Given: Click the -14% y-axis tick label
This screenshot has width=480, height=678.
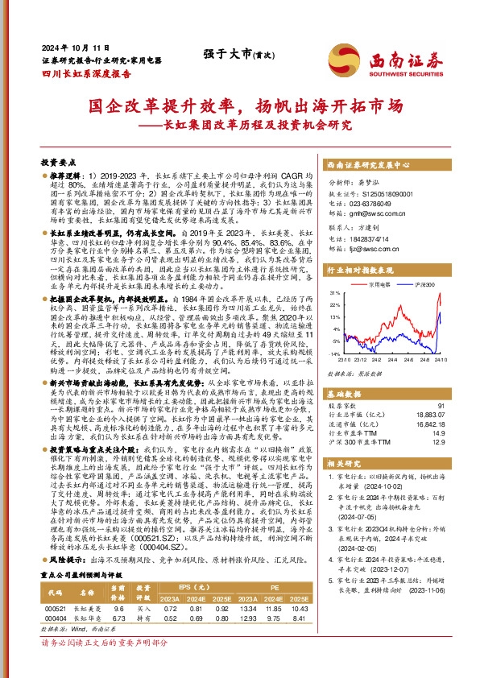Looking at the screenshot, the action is [x=333, y=353].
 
